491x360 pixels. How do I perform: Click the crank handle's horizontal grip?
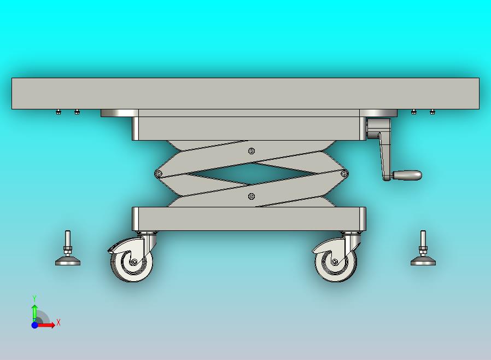tap(407, 175)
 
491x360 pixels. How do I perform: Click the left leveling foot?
tap(68, 248)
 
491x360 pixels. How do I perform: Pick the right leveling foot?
tap(423, 248)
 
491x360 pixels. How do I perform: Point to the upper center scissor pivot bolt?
tap(252, 151)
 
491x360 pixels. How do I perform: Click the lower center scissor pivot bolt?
tap(251, 196)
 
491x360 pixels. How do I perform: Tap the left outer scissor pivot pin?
tap(159, 173)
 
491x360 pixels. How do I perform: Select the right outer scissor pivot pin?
tap(344, 173)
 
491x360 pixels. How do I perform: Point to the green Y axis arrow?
tap(35, 313)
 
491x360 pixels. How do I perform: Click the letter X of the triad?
tap(59, 322)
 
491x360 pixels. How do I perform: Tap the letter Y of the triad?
tap(34, 298)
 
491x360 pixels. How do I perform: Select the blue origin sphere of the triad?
tap(35, 325)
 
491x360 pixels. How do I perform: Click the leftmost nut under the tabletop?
tap(59, 112)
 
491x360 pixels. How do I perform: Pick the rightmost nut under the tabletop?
tap(432, 112)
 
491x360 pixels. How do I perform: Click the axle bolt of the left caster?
tap(135, 262)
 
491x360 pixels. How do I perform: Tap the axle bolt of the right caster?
tap(335, 262)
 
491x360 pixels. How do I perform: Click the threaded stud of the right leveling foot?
tap(423, 239)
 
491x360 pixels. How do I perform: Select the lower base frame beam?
tap(249, 219)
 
